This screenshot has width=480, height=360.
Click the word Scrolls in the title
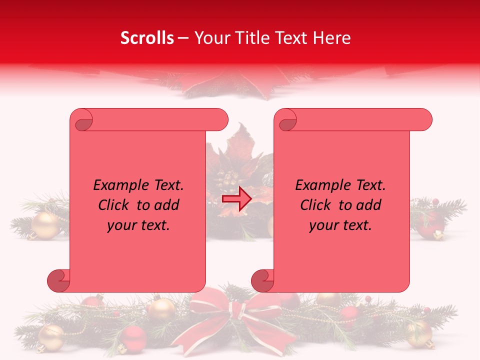point(147,38)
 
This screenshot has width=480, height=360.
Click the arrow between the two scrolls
point(236,199)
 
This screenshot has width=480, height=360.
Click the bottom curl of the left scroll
point(58,280)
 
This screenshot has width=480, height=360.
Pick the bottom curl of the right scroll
point(262,280)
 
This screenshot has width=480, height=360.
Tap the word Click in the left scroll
point(114,205)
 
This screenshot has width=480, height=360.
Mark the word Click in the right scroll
point(316,205)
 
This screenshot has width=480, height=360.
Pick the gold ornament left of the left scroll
point(45,225)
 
